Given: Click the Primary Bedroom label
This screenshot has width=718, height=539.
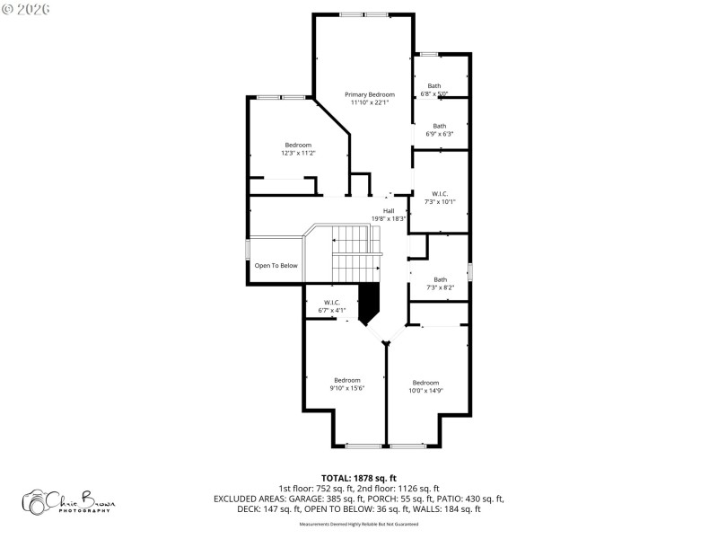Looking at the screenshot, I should (x=370, y=94).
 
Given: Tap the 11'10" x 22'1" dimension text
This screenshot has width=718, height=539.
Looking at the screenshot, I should (x=370, y=102).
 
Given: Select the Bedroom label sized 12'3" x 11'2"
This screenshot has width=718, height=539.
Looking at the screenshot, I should (x=298, y=146).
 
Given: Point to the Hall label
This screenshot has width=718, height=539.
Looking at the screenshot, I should (x=389, y=211).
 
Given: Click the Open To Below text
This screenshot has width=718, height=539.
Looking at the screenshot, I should (x=276, y=265).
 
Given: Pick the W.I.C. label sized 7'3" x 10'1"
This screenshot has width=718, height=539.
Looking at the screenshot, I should (x=440, y=193).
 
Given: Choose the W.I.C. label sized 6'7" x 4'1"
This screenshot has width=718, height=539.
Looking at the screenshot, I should (x=331, y=302).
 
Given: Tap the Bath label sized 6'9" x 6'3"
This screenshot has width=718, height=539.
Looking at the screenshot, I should (x=439, y=126).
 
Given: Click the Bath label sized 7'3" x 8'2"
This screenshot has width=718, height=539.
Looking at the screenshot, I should (x=440, y=279).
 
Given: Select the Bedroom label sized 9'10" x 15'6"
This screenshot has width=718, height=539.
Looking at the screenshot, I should (x=346, y=379).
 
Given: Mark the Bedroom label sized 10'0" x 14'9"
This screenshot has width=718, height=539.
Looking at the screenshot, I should (x=425, y=382).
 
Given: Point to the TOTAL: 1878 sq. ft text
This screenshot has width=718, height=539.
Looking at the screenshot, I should (x=358, y=478).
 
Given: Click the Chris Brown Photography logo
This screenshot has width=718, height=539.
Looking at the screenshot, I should (x=70, y=501).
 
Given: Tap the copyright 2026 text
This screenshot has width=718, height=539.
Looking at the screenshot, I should (x=26, y=8).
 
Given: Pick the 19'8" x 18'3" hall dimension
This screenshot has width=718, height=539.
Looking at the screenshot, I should (x=389, y=218).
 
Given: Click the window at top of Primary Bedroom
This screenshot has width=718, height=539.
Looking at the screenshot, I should (x=363, y=14).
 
